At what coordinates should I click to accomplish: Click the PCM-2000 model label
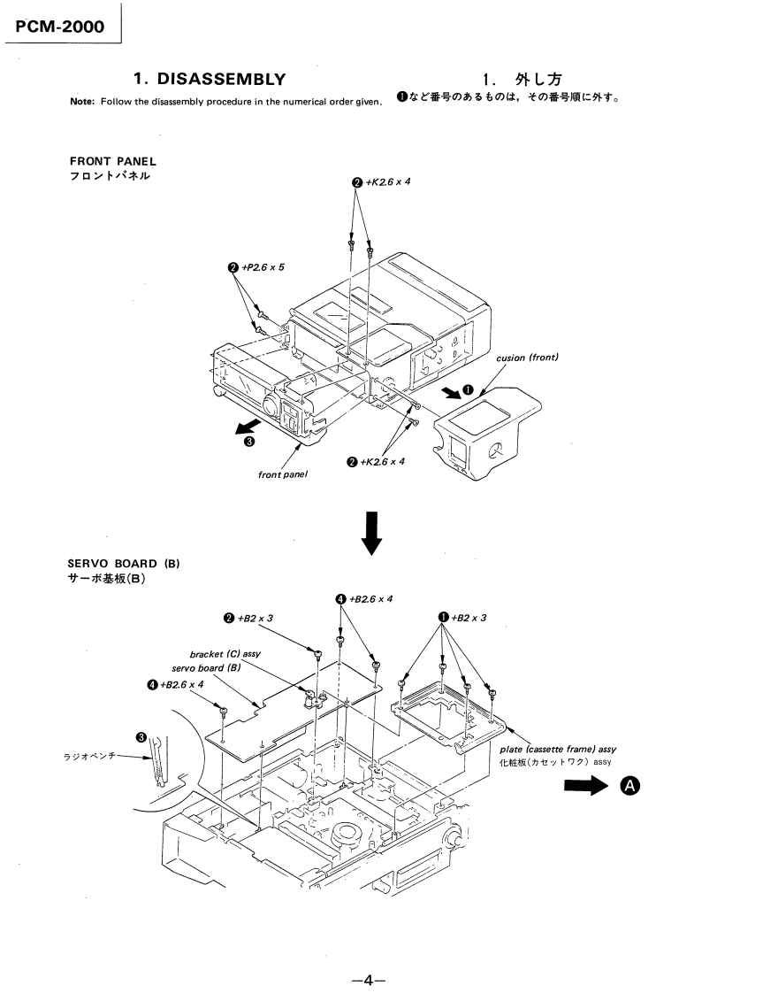click(x=60, y=26)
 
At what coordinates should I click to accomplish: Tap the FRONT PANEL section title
click(x=112, y=161)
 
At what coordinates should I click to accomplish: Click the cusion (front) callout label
click(x=527, y=358)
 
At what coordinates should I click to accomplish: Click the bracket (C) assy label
click(x=219, y=655)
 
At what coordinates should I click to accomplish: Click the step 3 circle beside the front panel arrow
click(x=250, y=441)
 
